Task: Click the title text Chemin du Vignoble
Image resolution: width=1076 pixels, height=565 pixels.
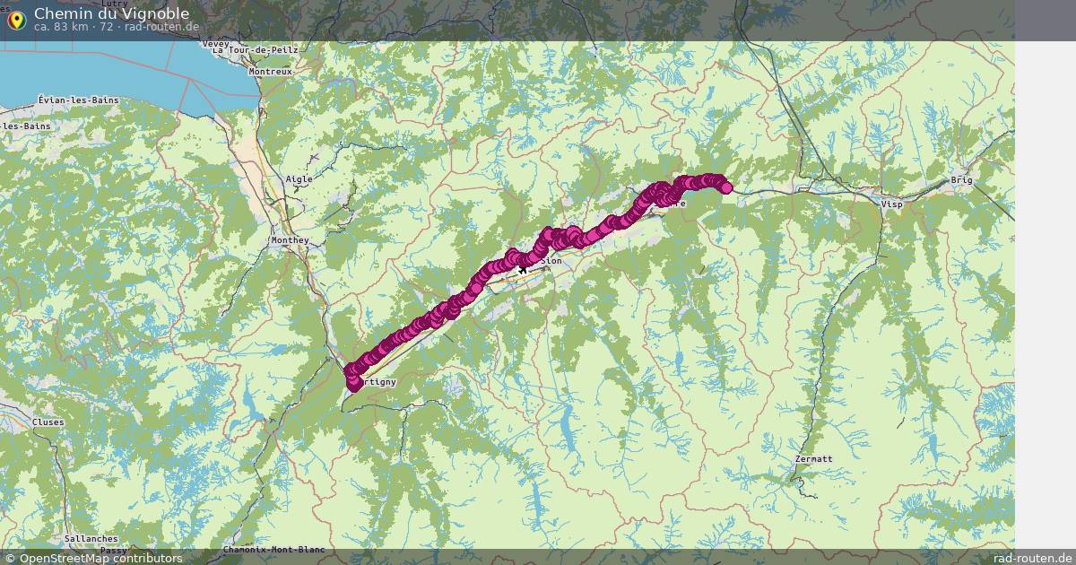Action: (111, 13)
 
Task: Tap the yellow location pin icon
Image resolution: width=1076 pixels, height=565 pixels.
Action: (15, 20)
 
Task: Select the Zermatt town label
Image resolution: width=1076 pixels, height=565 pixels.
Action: (813, 459)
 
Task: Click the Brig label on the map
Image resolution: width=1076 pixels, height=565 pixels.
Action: (961, 180)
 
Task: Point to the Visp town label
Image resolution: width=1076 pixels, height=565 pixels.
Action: (892, 204)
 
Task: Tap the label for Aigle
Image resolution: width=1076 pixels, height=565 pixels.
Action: (299, 179)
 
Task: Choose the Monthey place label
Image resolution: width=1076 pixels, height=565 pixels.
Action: (290, 240)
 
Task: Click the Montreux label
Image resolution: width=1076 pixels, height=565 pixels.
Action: (271, 71)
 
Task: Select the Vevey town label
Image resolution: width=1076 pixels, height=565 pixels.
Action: (216, 43)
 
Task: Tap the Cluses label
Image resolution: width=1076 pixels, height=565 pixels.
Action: (48, 422)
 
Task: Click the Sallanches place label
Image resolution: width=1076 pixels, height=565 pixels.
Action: (91, 539)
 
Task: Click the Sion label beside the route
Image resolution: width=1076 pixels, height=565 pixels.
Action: (552, 261)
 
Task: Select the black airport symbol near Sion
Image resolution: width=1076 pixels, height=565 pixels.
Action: (523, 268)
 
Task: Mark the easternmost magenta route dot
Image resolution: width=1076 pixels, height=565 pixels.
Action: (725, 187)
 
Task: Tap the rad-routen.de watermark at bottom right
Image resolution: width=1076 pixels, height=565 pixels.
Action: (1033, 558)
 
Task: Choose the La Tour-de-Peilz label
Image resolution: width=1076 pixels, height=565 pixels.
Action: (255, 51)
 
